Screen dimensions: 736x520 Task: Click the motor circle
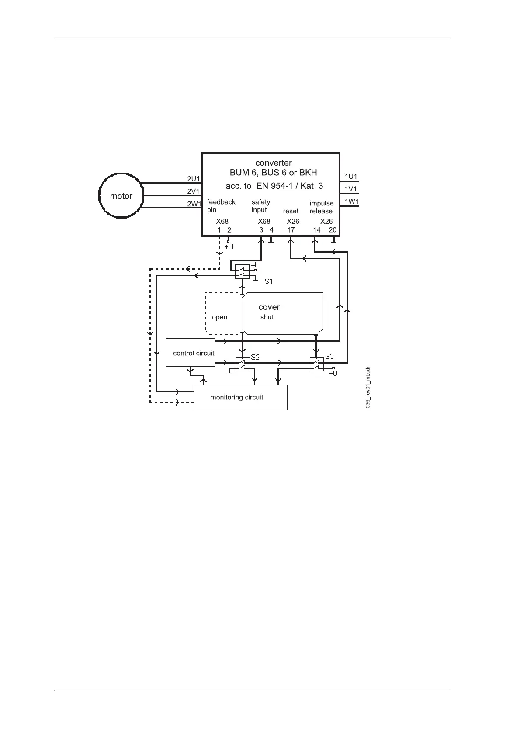pos(121,196)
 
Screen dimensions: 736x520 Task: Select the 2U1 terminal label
pos(193,179)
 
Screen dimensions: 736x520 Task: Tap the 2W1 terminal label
pos(193,204)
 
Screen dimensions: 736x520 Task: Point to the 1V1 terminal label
pos(351,189)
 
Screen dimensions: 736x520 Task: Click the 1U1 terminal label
pos(351,177)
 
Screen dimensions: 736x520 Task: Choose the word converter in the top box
pos(274,163)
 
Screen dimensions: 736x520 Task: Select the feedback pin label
pos(221,205)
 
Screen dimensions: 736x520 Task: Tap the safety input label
pos(260,205)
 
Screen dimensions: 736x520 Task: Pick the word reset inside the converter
pos(291,211)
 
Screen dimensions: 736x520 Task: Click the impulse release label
pos(321,207)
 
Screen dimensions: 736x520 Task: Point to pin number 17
pos(291,230)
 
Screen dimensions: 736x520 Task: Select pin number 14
pos(317,230)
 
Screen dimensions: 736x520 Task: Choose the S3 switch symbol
pos(317,364)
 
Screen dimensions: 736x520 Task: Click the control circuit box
pos(191,352)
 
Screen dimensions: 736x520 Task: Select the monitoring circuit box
pos(240,397)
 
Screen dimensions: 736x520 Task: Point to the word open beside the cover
pos(219,317)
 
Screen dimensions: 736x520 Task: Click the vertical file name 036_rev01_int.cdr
pos(368,387)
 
